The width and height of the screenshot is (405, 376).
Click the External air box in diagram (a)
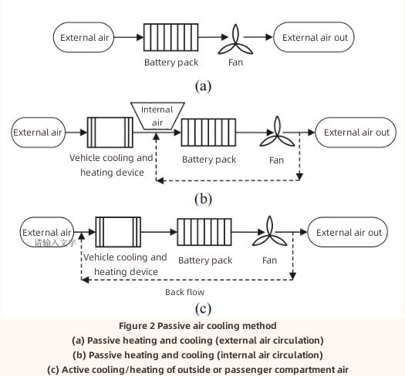point(86,37)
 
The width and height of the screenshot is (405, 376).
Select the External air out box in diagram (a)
point(315,37)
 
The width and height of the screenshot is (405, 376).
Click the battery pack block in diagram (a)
point(171,37)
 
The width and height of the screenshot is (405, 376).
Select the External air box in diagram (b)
point(38,133)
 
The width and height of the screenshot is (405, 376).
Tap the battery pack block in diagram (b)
point(203,133)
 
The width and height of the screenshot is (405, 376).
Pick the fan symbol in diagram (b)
point(275,133)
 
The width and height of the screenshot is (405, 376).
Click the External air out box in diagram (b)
point(356,133)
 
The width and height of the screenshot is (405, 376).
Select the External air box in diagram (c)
point(47,232)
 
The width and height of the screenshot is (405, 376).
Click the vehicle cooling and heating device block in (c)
point(118,231)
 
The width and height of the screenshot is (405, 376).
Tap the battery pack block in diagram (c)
point(204,232)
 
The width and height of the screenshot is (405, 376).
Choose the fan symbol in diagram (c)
point(270,232)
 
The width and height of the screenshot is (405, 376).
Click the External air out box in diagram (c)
point(349,232)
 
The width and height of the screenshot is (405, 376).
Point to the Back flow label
point(185,292)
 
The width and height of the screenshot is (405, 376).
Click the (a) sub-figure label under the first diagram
point(203,86)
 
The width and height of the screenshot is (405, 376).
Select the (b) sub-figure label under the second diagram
point(203,199)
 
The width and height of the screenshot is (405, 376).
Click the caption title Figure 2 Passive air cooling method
point(202,326)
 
